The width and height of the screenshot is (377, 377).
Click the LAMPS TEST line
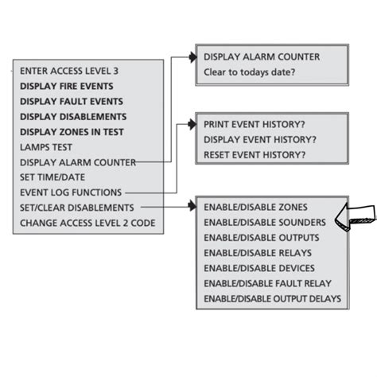pyautogui.click(x=48, y=147)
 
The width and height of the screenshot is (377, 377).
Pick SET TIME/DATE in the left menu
pyautogui.click(x=53, y=177)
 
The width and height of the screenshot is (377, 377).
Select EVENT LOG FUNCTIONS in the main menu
pyautogui.click(x=71, y=192)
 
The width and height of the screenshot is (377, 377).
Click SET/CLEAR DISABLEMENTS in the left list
pyautogui.click(x=78, y=208)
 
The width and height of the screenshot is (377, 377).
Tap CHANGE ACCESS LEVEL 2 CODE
pyautogui.click(x=87, y=223)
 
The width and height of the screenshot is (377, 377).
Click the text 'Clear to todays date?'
pyautogui.click(x=249, y=72)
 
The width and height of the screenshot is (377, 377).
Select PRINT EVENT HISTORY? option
pyautogui.click(x=255, y=125)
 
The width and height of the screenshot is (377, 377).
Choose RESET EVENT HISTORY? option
pyautogui.click(x=255, y=154)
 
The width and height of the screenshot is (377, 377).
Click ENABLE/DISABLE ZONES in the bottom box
pyautogui.click(x=255, y=208)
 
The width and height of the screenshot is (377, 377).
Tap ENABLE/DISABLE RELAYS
pyautogui.click(x=258, y=253)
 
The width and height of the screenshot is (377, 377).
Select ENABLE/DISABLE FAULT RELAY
pyautogui.click(x=267, y=283)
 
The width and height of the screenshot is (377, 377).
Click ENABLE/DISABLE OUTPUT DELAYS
pyautogui.click(x=272, y=298)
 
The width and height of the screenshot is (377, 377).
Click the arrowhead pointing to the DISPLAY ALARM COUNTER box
pyautogui.click(x=192, y=57)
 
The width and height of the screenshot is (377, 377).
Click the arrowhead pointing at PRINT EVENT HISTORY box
pyautogui.click(x=192, y=125)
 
